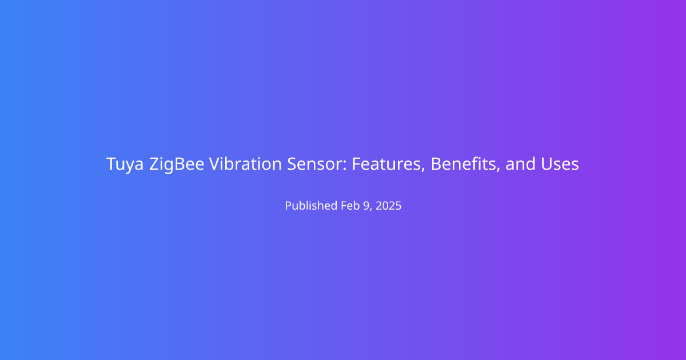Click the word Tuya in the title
click(x=125, y=165)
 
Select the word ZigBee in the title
click(x=177, y=165)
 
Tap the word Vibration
click(x=245, y=163)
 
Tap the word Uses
click(x=560, y=164)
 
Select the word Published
click(x=311, y=205)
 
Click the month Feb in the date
click(x=350, y=205)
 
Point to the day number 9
click(x=366, y=206)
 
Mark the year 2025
click(x=388, y=206)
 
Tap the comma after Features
click(x=422, y=169)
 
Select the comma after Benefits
click(x=498, y=169)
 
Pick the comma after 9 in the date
click(x=371, y=209)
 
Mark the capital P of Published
click(x=289, y=206)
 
